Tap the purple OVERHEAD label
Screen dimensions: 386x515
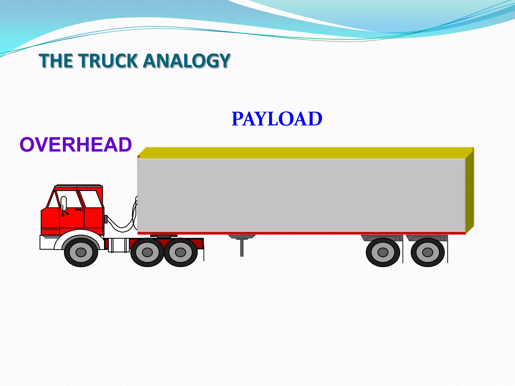pos(76,145)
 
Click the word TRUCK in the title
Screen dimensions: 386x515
pos(109,61)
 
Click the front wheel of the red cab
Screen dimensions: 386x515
pos(81,252)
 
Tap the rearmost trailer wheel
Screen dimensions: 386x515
pos(427,252)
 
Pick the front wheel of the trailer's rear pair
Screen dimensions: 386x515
pos(383,252)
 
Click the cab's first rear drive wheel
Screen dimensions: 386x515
pos(147,252)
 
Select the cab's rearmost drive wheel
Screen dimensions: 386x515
pos(181,252)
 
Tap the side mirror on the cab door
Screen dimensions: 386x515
pos(64,204)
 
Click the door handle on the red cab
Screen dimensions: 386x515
pos(79,210)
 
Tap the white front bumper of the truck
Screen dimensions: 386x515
pos(48,242)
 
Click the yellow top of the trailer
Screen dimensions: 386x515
pos(302,153)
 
